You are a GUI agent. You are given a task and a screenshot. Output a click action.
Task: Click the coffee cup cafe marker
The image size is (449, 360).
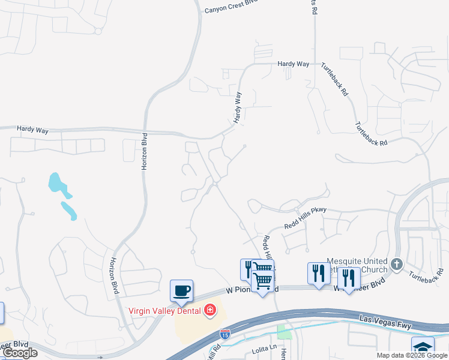[x=181, y=292]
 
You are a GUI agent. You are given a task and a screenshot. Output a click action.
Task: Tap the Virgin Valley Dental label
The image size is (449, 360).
[x=165, y=310]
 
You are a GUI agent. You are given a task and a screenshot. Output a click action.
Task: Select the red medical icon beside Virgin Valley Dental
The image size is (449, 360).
[x=209, y=310]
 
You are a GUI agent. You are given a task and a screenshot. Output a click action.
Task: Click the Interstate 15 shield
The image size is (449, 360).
[x=225, y=334]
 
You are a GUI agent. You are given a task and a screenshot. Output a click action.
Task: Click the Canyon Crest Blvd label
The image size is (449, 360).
[x=231, y=10]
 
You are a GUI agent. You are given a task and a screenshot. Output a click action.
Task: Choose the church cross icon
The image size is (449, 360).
[x=396, y=264]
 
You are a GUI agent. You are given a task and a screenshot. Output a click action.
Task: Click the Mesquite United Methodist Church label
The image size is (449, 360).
[x=357, y=265]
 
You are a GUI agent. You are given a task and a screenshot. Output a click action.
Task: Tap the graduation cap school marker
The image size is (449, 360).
[x=423, y=347]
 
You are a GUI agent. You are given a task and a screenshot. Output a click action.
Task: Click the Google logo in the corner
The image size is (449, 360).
[x=20, y=353]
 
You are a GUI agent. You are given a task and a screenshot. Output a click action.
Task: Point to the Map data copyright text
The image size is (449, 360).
[x=412, y=355]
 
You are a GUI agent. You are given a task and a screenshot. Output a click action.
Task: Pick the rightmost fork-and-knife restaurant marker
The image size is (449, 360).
[x=349, y=278]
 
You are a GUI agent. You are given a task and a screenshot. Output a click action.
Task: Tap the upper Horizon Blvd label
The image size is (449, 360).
[x=144, y=152]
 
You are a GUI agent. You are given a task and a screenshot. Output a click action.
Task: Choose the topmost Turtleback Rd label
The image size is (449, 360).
[x=334, y=80]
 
